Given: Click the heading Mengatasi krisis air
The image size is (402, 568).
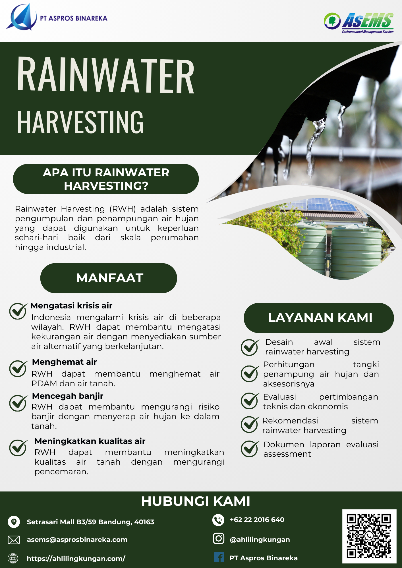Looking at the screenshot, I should click(x=71, y=306).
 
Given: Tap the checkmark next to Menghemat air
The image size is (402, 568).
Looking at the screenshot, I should click(x=18, y=368).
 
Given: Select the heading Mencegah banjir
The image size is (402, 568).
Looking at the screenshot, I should click(x=67, y=396).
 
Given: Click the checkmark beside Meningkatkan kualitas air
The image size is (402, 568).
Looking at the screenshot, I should click(x=18, y=448).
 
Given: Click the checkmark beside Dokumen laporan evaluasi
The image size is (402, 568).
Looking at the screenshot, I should click(x=250, y=449).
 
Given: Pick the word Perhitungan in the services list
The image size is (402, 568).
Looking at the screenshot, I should click(x=289, y=364).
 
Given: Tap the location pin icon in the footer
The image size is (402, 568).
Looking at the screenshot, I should click(x=14, y=522).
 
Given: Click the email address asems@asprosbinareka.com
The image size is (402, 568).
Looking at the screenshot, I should click(x=77, y=540).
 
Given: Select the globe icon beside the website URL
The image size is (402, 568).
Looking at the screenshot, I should click(x=13, y=558).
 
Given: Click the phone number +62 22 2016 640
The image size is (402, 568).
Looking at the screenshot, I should click(x=257, y=520).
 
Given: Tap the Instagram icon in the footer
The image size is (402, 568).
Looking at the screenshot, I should click(x=218, y=538).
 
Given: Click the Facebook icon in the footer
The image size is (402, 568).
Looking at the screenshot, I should click(x=219, y=557).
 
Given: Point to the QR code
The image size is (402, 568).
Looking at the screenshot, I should click(x=369, y=536).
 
